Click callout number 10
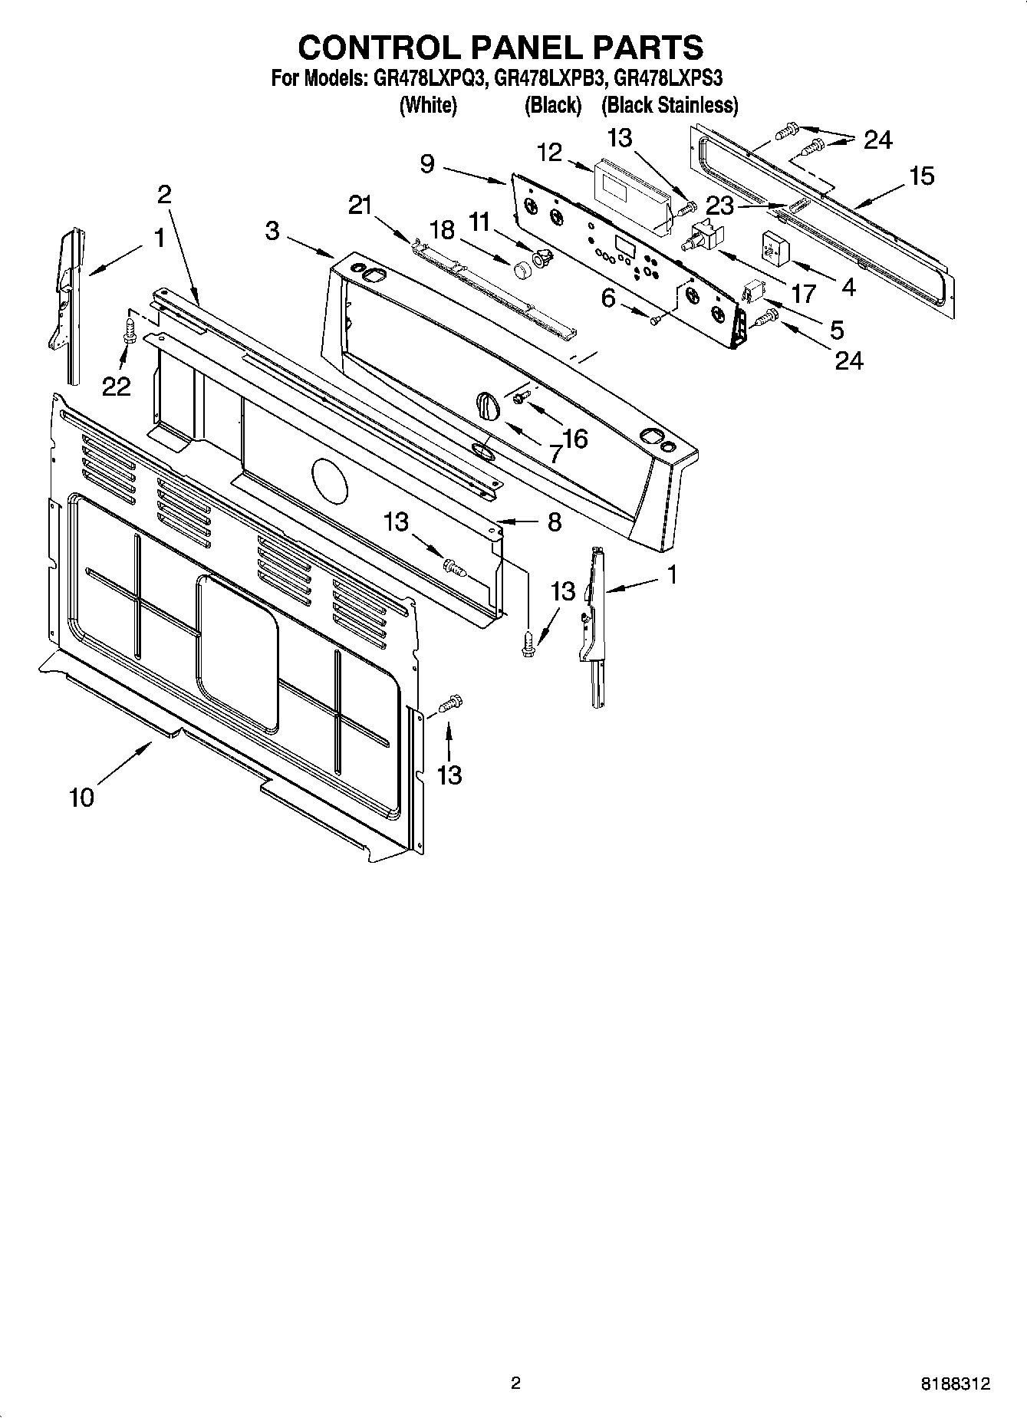[81, 798]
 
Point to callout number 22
[117, 387]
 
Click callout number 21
[360, 205]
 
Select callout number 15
[922, 176]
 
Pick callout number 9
[427, 163]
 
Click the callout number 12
[549, 153]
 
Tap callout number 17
[803, 294]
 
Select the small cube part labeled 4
[775, 247]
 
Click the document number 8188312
[955, 1383]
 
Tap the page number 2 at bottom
[515, 1383]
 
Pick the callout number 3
[273, 230]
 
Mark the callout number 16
[574, 439]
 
